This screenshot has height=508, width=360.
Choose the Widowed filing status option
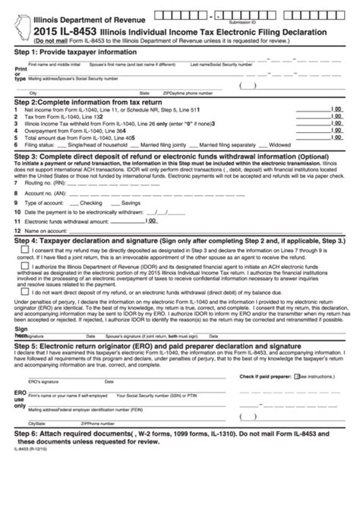click(x=279, y=143)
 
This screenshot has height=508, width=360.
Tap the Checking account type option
click(x=90, y=204)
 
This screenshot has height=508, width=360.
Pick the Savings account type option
click(x=130, y=204)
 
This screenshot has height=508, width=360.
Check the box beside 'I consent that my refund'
click(x=27, y=250)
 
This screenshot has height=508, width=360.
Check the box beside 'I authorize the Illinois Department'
click(x=27, y=267)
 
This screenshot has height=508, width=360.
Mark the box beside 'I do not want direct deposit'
click(x=27, y=291)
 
